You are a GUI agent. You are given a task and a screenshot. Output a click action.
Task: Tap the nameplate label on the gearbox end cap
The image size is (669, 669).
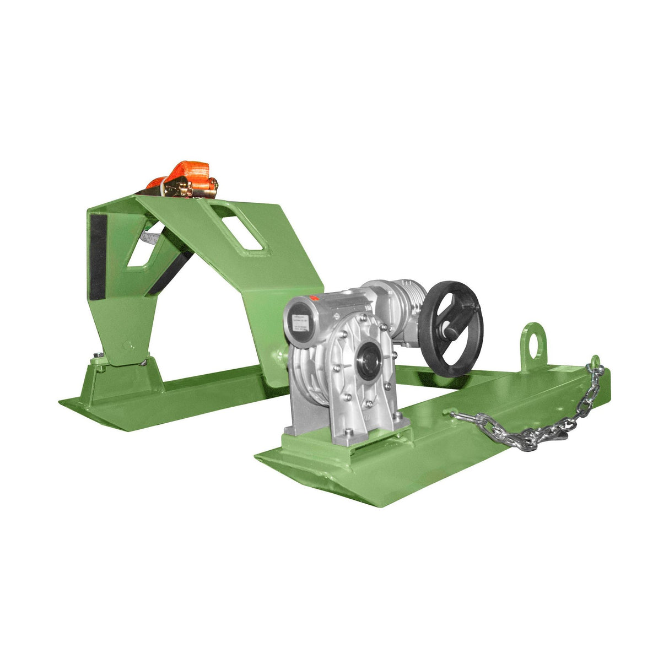(301, 324)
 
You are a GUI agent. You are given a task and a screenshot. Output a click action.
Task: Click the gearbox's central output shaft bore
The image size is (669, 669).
(368, 362)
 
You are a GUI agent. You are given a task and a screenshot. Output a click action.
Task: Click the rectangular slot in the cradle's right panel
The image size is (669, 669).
(243, 230)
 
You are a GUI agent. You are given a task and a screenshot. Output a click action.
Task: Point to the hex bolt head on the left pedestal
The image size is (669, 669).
(98, 355)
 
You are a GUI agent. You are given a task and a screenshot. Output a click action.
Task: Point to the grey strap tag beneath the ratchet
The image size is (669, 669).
(149, 238)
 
